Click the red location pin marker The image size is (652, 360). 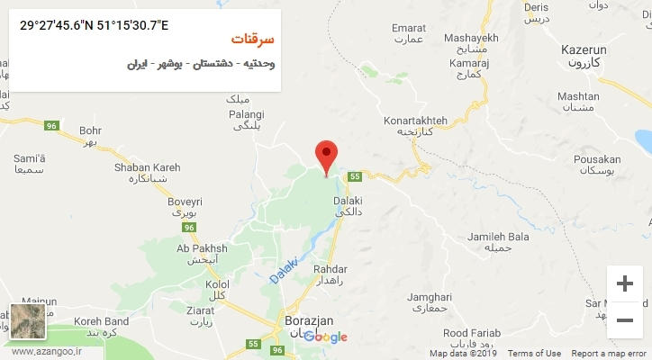tap(326, 155)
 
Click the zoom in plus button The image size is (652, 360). tap(624, 283)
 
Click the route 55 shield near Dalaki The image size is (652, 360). tap(355, 176)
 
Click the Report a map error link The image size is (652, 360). tap(609, 353)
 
